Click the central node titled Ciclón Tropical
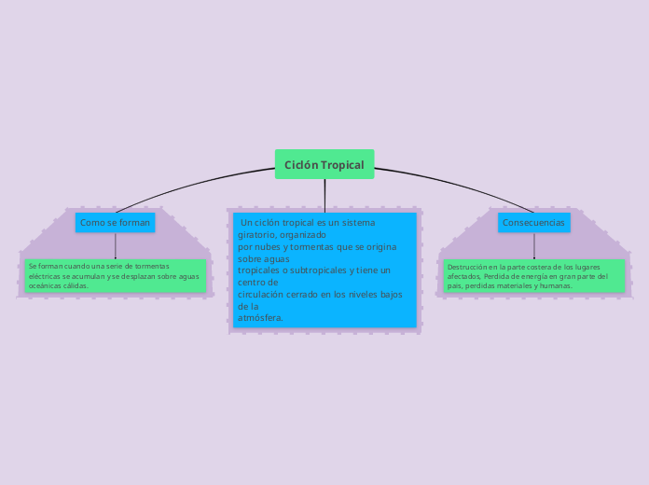(324, 165)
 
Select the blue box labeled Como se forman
(115, 223)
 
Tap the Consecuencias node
(533, 223)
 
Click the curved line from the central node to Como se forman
(186, 185)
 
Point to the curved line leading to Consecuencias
(457, 184)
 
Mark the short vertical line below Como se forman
(115, 246)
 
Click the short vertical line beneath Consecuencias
(533, 246)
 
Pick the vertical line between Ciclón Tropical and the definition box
(324, 194)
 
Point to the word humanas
(554, 285)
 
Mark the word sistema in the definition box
(358, 223)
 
